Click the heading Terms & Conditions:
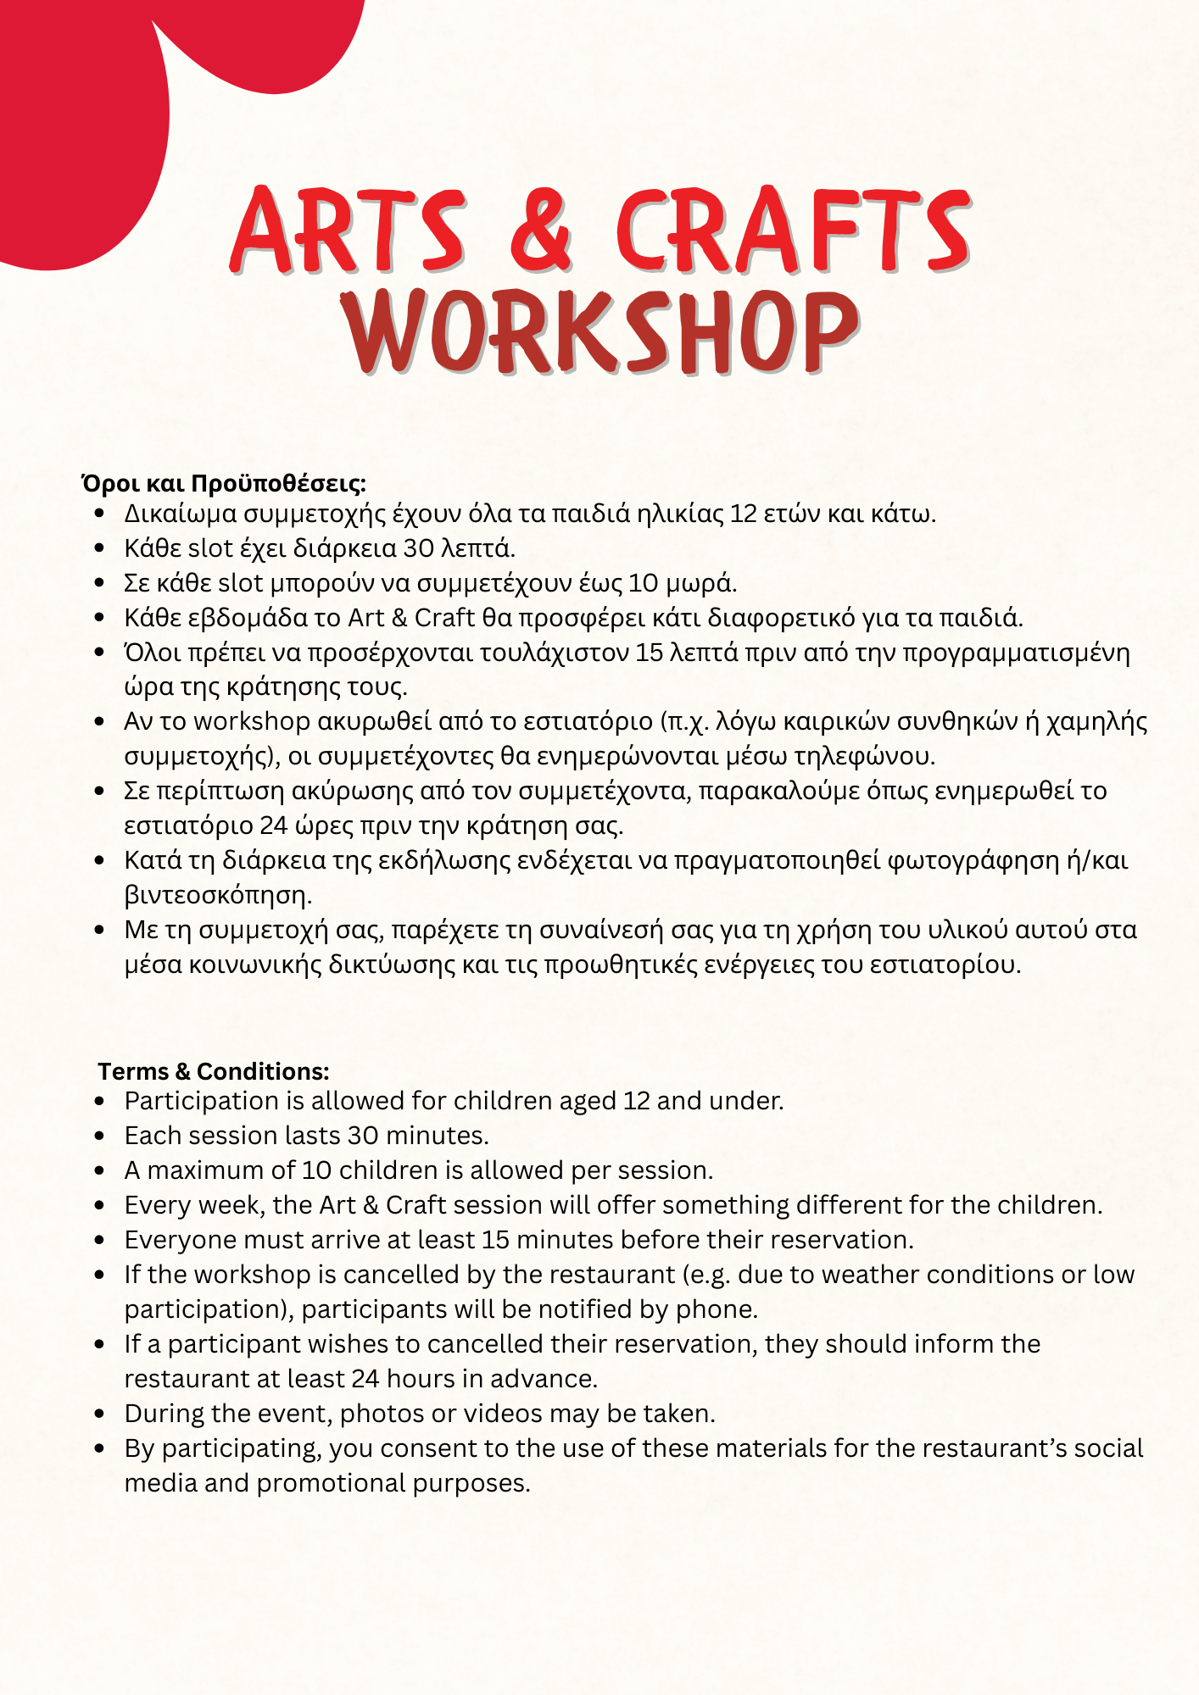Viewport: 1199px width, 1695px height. (214, 1071)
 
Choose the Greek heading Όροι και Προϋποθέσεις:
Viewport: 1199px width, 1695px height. (224, 484)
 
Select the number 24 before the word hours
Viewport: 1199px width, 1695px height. (365, 1379)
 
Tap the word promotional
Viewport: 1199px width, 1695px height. (331, 1483)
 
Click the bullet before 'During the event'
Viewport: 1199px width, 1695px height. (100, 1414)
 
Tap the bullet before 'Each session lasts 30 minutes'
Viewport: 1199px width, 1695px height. (100, 1136)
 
